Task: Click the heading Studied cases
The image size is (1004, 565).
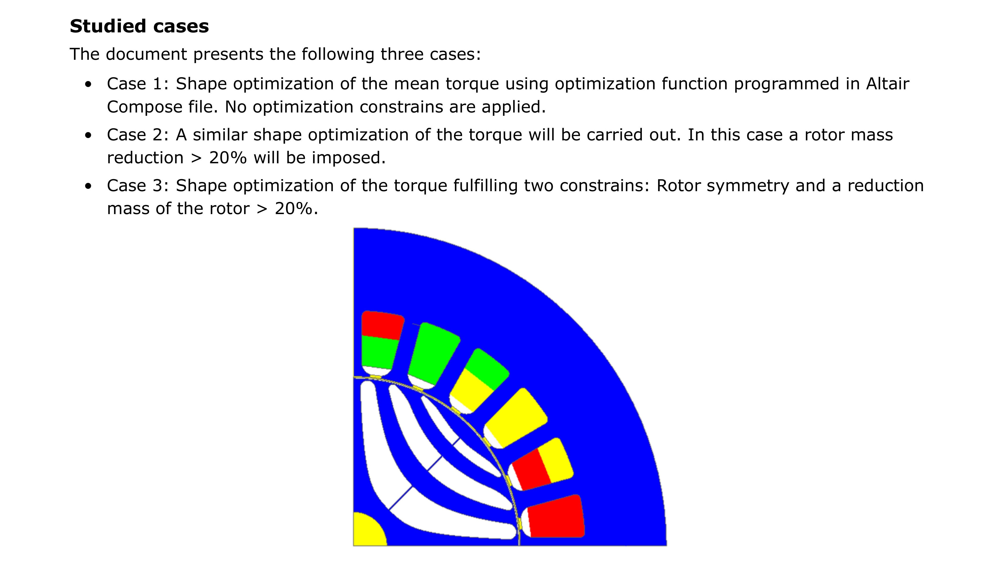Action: tap(139, 26)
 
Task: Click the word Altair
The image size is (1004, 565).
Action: tap(888, 84)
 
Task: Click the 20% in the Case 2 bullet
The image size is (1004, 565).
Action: tap(228, 158)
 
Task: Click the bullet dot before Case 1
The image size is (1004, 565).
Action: tap(89, 84)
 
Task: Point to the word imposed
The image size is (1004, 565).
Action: tap(348, 158)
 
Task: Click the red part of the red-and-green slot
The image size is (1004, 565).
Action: tap(382, 325)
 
